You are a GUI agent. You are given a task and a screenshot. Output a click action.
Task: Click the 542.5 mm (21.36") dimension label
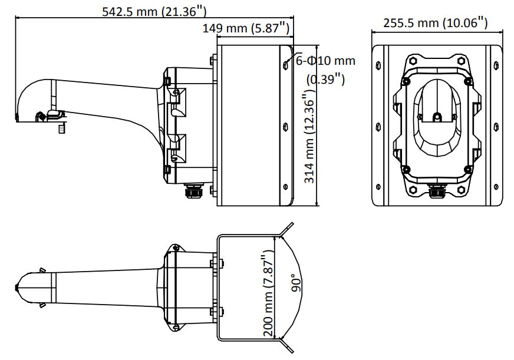click(x=154, y=11)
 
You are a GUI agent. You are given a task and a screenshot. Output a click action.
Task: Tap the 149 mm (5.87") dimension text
click(x=246, y=28)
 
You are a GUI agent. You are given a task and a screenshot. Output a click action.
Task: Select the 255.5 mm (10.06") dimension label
click(x=436, y=23)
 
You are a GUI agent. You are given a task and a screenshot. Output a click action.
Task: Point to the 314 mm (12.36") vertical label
click(x=310, y=138)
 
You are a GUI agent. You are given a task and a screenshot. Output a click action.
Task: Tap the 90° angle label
click(x=296, y=283)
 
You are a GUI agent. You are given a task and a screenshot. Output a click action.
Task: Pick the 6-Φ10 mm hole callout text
click(x=325, y=61)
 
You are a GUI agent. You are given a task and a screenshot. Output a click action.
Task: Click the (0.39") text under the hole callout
click(x=325, y=80)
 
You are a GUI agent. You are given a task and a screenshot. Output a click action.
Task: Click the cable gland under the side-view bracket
click(x=191, y=191)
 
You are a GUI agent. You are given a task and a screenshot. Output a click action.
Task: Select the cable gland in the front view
click(x=437, y=191)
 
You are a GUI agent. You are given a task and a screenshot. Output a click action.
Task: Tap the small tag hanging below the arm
click(x=61, y=128)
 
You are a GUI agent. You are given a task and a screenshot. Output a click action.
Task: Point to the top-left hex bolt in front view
click(x=413, y=61)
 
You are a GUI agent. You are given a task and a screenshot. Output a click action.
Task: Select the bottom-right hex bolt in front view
click(x=461, y=189)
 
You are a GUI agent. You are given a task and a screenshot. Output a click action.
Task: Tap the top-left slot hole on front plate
click(x=378, y=65)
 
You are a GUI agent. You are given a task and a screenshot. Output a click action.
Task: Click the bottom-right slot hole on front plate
click(x=496, y=187)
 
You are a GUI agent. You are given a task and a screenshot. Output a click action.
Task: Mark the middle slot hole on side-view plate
click(x=285, y=126)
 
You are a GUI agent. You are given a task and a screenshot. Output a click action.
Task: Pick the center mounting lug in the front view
click(x=437, y=117)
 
